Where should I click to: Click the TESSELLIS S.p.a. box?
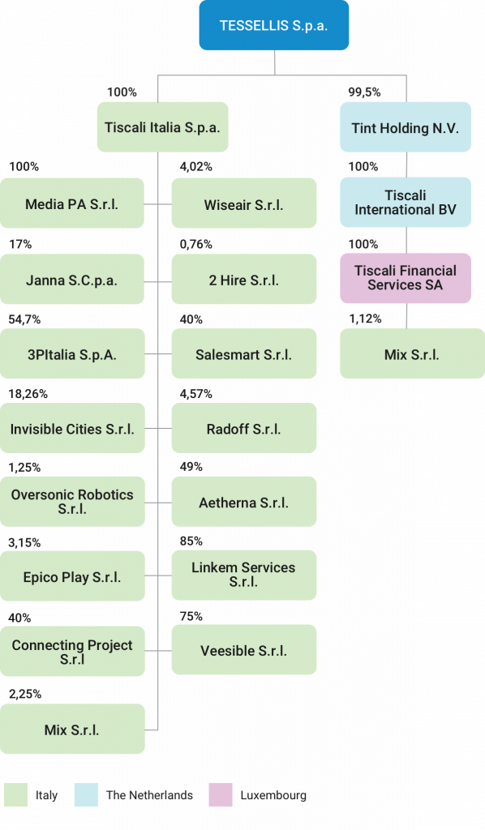[x=274, y=25]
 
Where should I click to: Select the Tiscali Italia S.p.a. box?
[x=162, y=127]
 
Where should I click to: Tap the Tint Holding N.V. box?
[x=406, y=127]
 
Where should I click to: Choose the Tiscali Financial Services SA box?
[x=406, y=278]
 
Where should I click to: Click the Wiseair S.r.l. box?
[x=244, y=203]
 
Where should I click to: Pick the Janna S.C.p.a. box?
[x=72, y=279]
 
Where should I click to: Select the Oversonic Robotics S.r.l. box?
[x=72, y=501]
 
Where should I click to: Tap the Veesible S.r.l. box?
[x=244, y=649]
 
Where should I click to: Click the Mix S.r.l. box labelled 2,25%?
[x=72, y=729]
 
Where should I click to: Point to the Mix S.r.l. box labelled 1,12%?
[x=413, y=353]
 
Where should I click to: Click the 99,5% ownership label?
[x=364, y=92]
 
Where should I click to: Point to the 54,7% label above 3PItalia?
[x=24, y=319]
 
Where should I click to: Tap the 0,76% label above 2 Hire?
[x=196, y=245]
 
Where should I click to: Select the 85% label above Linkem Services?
[x=191, y=541]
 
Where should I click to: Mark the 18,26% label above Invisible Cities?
[x=28, y=394]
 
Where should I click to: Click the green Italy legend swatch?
[x=15, y=795]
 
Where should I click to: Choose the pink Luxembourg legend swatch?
[x=221, y=795]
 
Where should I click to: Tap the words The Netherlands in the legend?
[x=149, y=795]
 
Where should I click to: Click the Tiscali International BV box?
[x=406, y=202]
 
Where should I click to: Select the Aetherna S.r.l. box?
[x=244, y=501]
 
